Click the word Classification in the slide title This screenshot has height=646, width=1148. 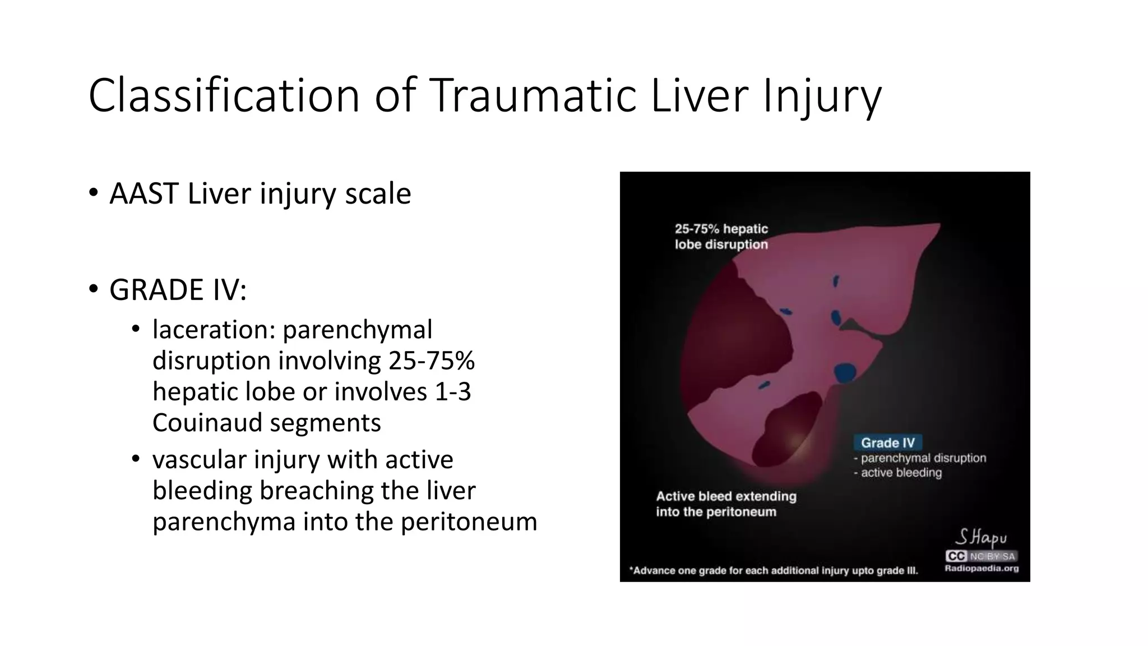pos(224,96)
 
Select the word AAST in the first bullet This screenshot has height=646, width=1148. pos(144,194)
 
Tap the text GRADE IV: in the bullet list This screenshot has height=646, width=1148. pos(178,290)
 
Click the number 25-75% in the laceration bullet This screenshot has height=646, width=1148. pos(431,360)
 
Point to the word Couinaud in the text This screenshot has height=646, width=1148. pos(210,422)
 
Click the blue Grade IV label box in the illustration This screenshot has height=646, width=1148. pos(887,442)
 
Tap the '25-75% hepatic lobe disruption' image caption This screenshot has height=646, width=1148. pos(721,237)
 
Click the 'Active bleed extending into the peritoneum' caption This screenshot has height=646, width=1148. pos(726,504)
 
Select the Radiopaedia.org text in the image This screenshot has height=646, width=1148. pos(982,568)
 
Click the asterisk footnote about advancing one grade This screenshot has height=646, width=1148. pos(774,571)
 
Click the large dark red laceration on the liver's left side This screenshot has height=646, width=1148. pos(729,336)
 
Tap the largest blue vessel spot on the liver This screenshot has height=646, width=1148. pos(845,372)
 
